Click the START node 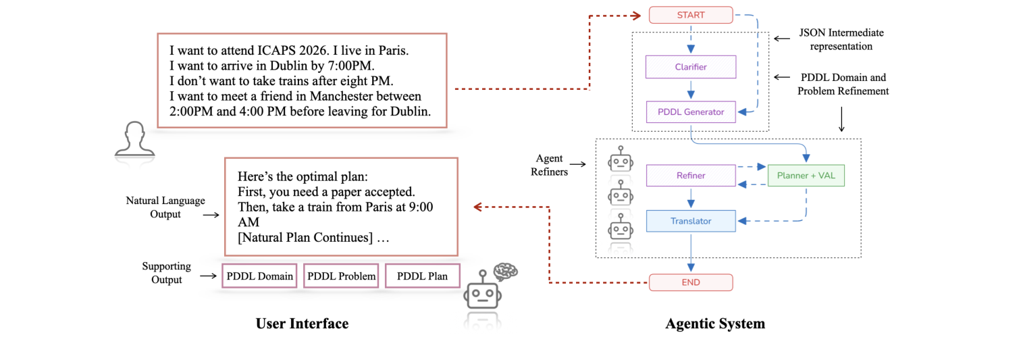pyautogui.click(x=690, y=14)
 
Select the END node pyautogui.click(x=690, y=282)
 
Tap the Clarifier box pyautogui.click(x=690, y=67)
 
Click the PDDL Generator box pyautogui.click(x=690, y=112)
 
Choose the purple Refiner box pyautogui.click(x=690, y=176)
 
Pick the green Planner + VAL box pyautogui.click(x=806, y=176)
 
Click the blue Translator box pyautogui.click(x=690, y=221)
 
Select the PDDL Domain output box pyautogui.click(x=259, y=276)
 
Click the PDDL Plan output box pyautogui.click(x=422, y=276)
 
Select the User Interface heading pyautogui.click(x=302, y=324)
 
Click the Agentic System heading pyautogui.click(x=715, y=324)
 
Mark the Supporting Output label pyautogui.click(x=166, y=273)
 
